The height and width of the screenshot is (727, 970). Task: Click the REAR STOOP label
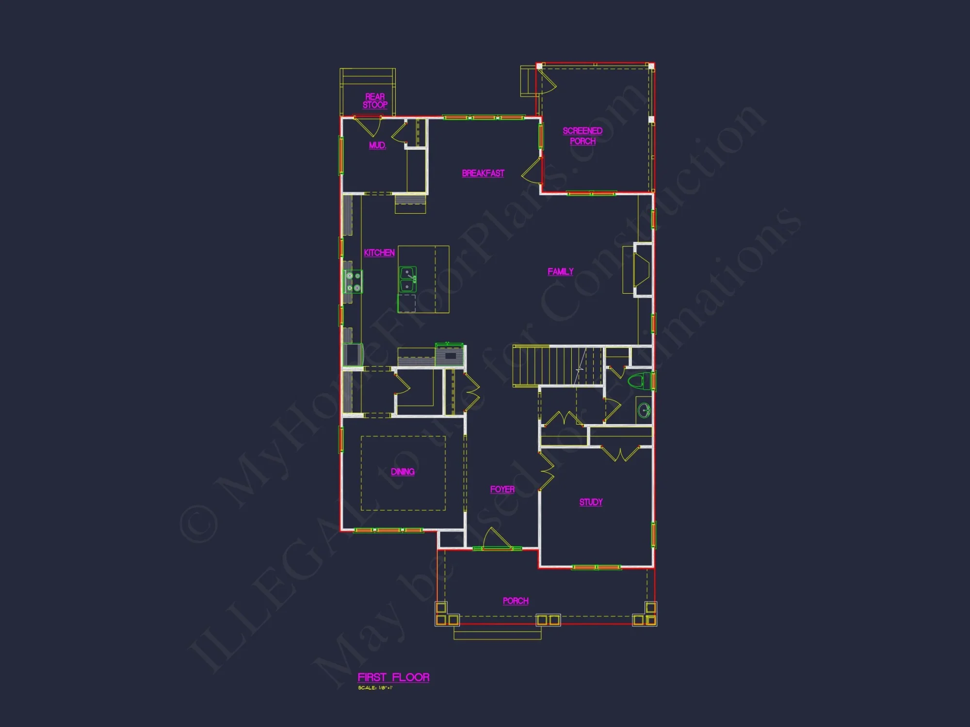[x=375, y=101]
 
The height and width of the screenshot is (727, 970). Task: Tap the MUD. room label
[x=377, y=145]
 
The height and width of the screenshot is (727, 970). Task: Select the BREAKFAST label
[x=483, y=174]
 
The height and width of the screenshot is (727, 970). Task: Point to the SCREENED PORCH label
[x=582, y=136]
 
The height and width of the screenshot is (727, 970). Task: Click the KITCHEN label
[x=379, y=253]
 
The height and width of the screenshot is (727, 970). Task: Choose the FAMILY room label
[x=561, y=272]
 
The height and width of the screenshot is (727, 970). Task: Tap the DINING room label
[x=403, y=472]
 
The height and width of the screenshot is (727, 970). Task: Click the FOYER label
[x=502, y=490]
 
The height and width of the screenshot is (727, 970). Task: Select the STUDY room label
[x=591, y=502]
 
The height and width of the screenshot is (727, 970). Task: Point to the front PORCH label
[x=516, y=601]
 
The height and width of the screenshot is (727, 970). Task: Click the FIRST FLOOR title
[x=393, y=678]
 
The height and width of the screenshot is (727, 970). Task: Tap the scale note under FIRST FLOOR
[x=375, y=688]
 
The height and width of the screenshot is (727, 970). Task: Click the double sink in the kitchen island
[x=407, y=280]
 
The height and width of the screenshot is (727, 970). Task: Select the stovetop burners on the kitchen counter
[x=353, y=282]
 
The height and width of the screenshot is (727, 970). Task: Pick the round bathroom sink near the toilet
[x=644, y=411]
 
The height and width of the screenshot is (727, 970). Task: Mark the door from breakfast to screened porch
[x=533, y=170]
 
